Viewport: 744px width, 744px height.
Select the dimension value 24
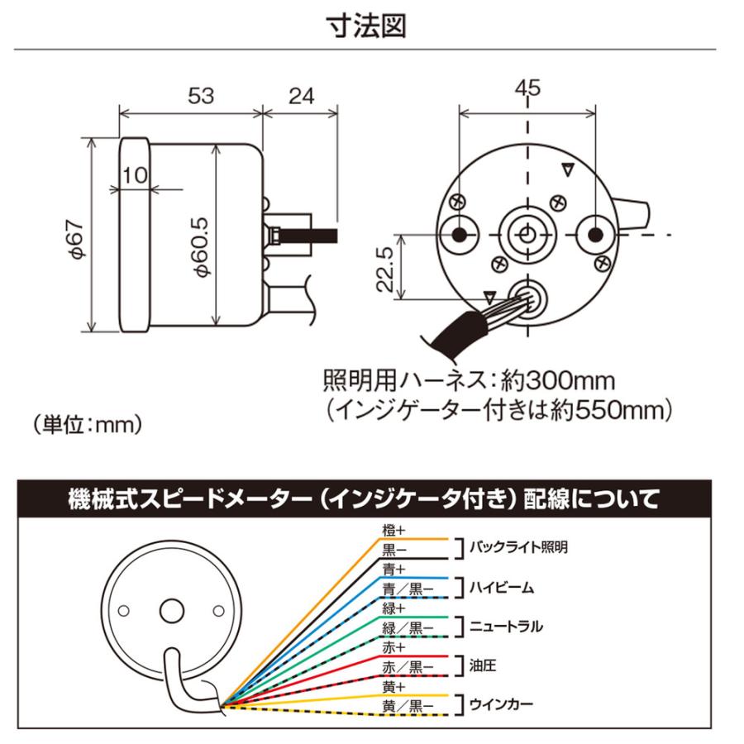pos(301,95)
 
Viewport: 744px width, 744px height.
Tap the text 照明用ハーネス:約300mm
pos(469,382)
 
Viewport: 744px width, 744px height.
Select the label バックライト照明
pos(519,547)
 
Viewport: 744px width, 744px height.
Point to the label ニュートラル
pos(506,626)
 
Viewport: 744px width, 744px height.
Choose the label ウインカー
pos(501,704)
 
